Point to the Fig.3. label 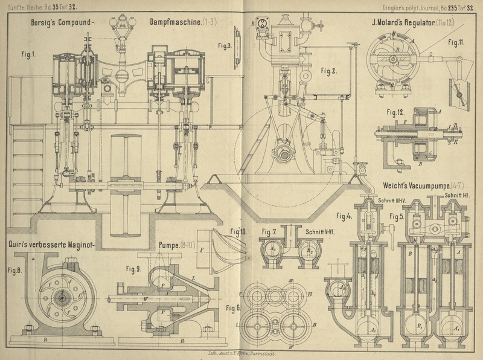225,45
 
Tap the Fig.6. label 234,307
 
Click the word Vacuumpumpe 419,184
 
